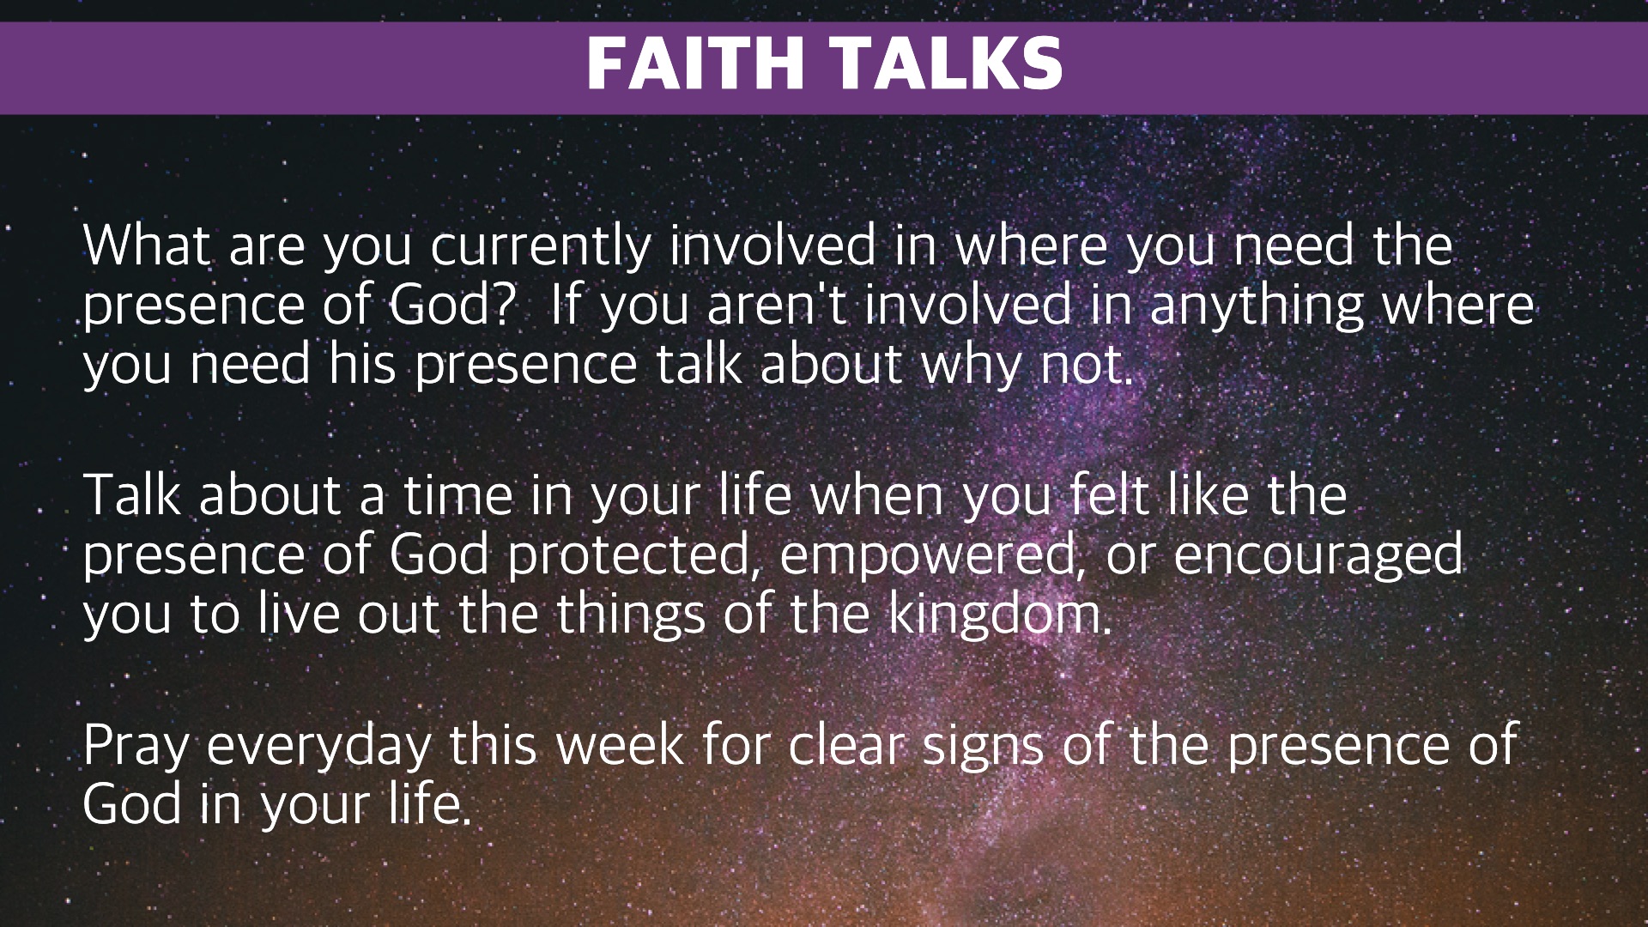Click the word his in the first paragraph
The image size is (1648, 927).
[x=362, y=364]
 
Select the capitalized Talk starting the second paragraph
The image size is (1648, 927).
[x=132, y=495]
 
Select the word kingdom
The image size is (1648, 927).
[x=1000, y=615]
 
